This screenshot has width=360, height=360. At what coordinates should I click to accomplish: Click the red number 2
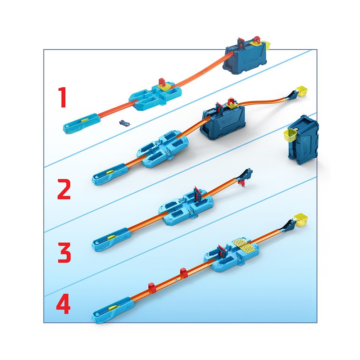tap(64, 190)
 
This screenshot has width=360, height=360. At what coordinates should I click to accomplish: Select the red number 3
tap(64, 253)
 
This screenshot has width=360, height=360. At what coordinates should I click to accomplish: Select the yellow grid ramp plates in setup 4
tap(244, 245)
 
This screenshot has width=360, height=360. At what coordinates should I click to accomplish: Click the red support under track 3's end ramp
tap(242, 183)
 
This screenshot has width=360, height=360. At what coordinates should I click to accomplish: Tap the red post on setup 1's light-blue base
tap(162, 82)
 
